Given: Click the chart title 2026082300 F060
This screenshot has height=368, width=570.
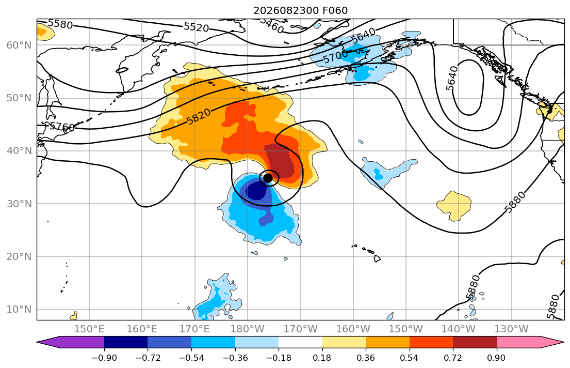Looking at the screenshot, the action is tap(300, 10).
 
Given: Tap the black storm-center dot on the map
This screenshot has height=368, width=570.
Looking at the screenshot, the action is tap(268, 178).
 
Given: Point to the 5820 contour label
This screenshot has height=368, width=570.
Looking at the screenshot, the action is tap(199, 117).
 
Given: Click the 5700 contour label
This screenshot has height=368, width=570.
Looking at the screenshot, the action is tap(335, 57).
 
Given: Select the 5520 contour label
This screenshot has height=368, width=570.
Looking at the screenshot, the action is tap(197, 27).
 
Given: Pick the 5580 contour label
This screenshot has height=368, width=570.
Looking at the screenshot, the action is tap(60, 24).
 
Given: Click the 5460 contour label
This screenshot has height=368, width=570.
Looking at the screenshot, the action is tap(271, 25).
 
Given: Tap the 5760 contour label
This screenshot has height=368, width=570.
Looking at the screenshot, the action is tap(62, 127).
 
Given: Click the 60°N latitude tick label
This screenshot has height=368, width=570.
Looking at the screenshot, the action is tap(19, 45).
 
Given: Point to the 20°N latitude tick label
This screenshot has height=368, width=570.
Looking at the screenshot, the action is tap(19, 256).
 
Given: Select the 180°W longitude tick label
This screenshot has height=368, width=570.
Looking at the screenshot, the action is tap(248, 329).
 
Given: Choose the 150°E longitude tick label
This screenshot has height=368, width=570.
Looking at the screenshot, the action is tap(89, 329).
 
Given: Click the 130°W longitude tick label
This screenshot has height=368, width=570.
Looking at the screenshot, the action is tap(512, 329).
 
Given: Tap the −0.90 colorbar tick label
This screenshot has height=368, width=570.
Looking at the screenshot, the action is tap(104, 358).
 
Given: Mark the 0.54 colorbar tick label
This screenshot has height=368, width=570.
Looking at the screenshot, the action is tap(410, 358).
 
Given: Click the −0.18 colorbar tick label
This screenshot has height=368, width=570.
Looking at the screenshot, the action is tap(279, 358).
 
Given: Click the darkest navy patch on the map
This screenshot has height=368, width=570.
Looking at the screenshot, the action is tap(257, 191).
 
